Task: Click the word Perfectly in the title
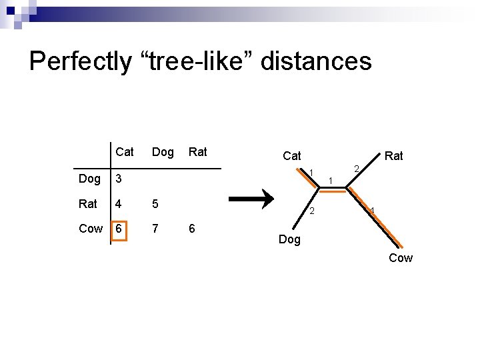pyautogui.click(x=81, y=61)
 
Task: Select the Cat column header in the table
pyautogui.click(x=124, y=152)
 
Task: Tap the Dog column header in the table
pyautogui.click(x=163, y=152)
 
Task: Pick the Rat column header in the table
pyautogui.click(x=198, y=152)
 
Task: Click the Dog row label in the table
pyautogui.click(x=89, y=179)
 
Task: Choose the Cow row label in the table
pyautogui.click(x=91, y=229)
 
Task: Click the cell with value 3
pyautogui.click(x=118, y=179)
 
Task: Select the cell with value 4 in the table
pyautogui.click(x=118, y=204)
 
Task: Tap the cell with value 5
pyautogui.click(x=155, y=204)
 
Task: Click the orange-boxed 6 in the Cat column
pyautogui.click(x=118, y=229)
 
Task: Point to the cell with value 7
pyautogui.click(x=155, y=229)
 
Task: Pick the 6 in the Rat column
pyautogui.click(x=192, y=229)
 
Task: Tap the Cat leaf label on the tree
pyautogui.click(x=292, y=156)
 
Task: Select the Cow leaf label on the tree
pyautogui.click(x=401, y=258)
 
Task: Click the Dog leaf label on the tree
pyautogui.click(x=289, y=239)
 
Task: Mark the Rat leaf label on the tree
pyautogui.click(x=394, y=156)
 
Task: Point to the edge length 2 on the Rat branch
pyautogui.click(x=357, y=169)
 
